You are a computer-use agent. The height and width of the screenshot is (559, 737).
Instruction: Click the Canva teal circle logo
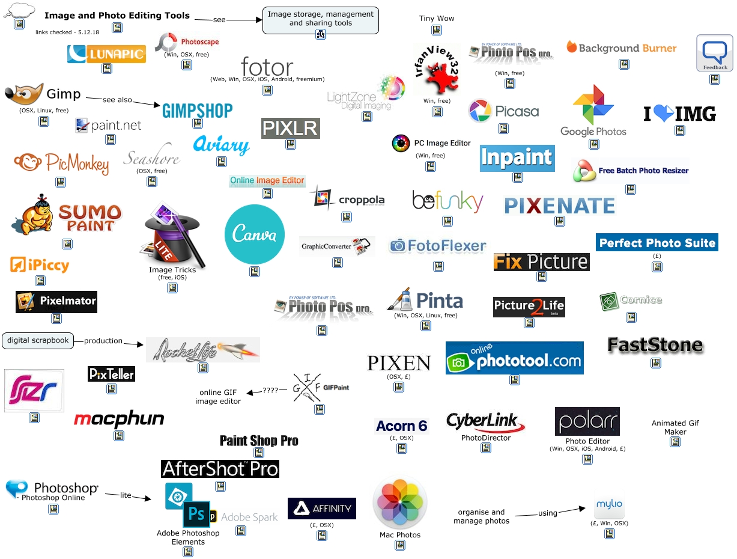pyautogui.click(x=254, y=234)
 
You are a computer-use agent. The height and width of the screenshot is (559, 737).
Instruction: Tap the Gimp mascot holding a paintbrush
pyautogui.click(x=23, y=94)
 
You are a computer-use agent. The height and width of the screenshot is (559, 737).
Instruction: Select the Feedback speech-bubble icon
pyautogui.click(x=714, y=53)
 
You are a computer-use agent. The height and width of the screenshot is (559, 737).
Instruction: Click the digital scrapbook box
pyautogui.click(x=38, y=341)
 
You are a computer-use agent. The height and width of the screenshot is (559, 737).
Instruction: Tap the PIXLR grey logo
pyautogui.click(x=291, y=128)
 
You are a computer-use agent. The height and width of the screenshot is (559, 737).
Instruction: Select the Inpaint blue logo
pyautogui.click(x=517, y=158)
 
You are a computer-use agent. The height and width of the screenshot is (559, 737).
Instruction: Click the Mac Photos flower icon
pyautogui.click(x=400, y=502)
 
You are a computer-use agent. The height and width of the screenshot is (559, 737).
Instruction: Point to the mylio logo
pyautogui.click(x=609, y=507)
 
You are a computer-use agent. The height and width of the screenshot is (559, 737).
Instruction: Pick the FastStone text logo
pyautogui.click(x=655, y=345)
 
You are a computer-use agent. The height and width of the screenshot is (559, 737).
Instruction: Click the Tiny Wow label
pyautogui.click(x=437, y=19)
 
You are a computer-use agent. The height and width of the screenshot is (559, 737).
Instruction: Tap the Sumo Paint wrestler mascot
pyautogui.click(x=32, y=216)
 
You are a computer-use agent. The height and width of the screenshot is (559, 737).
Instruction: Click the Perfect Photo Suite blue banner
pyautogui.click(x=657, y=243)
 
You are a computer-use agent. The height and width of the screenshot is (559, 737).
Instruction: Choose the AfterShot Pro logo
pyautogui.click(x=220, y=469)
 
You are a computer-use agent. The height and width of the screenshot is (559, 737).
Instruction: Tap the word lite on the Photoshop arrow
pyautogui.click(x=126, y=495)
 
